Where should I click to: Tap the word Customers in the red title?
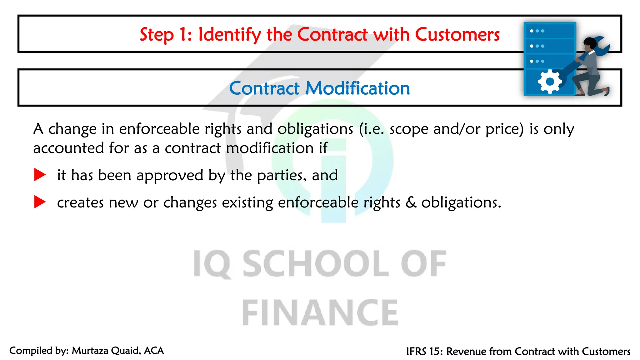pos(457,34)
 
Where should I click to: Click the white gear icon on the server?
pos(549,82)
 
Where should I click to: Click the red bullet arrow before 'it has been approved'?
pos(40,175)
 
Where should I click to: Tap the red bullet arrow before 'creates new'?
pos(40,202)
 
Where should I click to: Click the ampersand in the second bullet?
pos(411,202)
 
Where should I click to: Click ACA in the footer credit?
pos(154,351)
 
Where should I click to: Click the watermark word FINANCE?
pos(320,312)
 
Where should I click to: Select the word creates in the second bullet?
pos(80,202)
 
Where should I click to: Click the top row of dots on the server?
pos(537,31)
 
